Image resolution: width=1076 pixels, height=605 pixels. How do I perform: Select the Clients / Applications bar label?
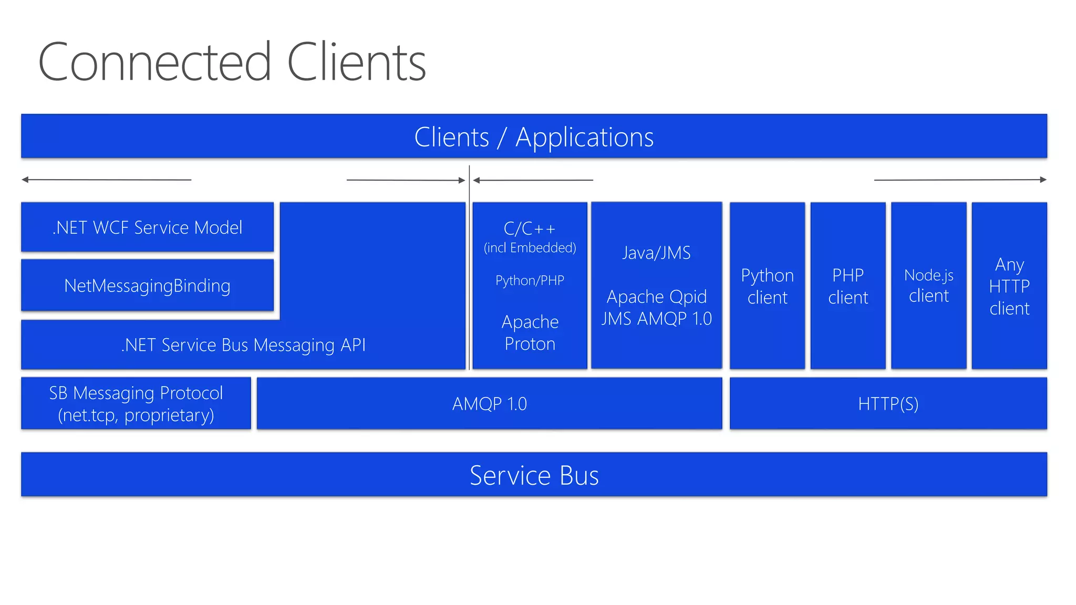coord(533,138)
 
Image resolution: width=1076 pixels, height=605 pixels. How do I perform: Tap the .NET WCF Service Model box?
coord(147,227)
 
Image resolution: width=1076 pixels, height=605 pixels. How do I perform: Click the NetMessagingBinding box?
coord(147,286)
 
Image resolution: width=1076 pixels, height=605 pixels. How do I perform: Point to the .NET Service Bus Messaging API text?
coord(243,345)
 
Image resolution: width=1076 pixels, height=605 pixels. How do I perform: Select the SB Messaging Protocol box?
coord(136,403)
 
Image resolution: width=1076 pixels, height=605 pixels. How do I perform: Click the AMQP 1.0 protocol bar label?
coord(489,404)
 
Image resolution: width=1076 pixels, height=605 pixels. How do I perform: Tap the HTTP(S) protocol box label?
coord(888,404)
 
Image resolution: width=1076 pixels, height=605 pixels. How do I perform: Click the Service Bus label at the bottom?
coord(534,475)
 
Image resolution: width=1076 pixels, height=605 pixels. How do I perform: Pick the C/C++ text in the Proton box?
coord(530,229)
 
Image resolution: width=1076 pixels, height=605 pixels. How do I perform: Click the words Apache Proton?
coord(530,332)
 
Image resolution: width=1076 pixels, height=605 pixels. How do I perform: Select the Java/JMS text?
coord(656,253)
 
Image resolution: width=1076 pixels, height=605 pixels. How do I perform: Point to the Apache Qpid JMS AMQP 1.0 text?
coord(656,308)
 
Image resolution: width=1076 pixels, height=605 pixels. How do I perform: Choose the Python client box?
coord(767,286)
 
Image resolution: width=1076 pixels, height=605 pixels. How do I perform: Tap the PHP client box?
coord(847,286)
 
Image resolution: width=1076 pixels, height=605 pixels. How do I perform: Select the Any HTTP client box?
coord(1009,286)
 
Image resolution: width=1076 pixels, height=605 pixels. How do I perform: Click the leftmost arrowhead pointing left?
coord(25,180)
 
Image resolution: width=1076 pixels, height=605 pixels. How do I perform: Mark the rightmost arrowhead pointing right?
coord(1043,180)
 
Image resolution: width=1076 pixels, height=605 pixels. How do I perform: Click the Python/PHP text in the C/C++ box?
coord(530,280)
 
